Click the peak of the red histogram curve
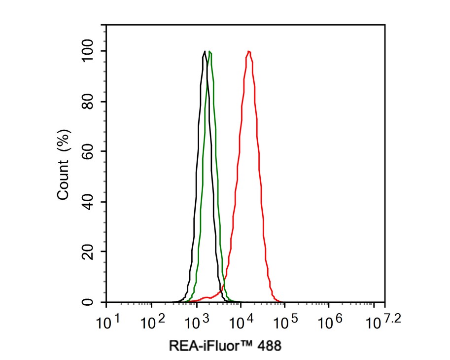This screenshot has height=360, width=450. pyautogui.click(x=249, y=51)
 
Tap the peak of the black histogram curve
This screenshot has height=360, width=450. pyautogui.click(x=205, y=51)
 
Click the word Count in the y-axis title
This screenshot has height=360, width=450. pyautogui.click(x=64, y=182)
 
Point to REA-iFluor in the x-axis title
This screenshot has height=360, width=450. pyautogui.click(x=207, y=346)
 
